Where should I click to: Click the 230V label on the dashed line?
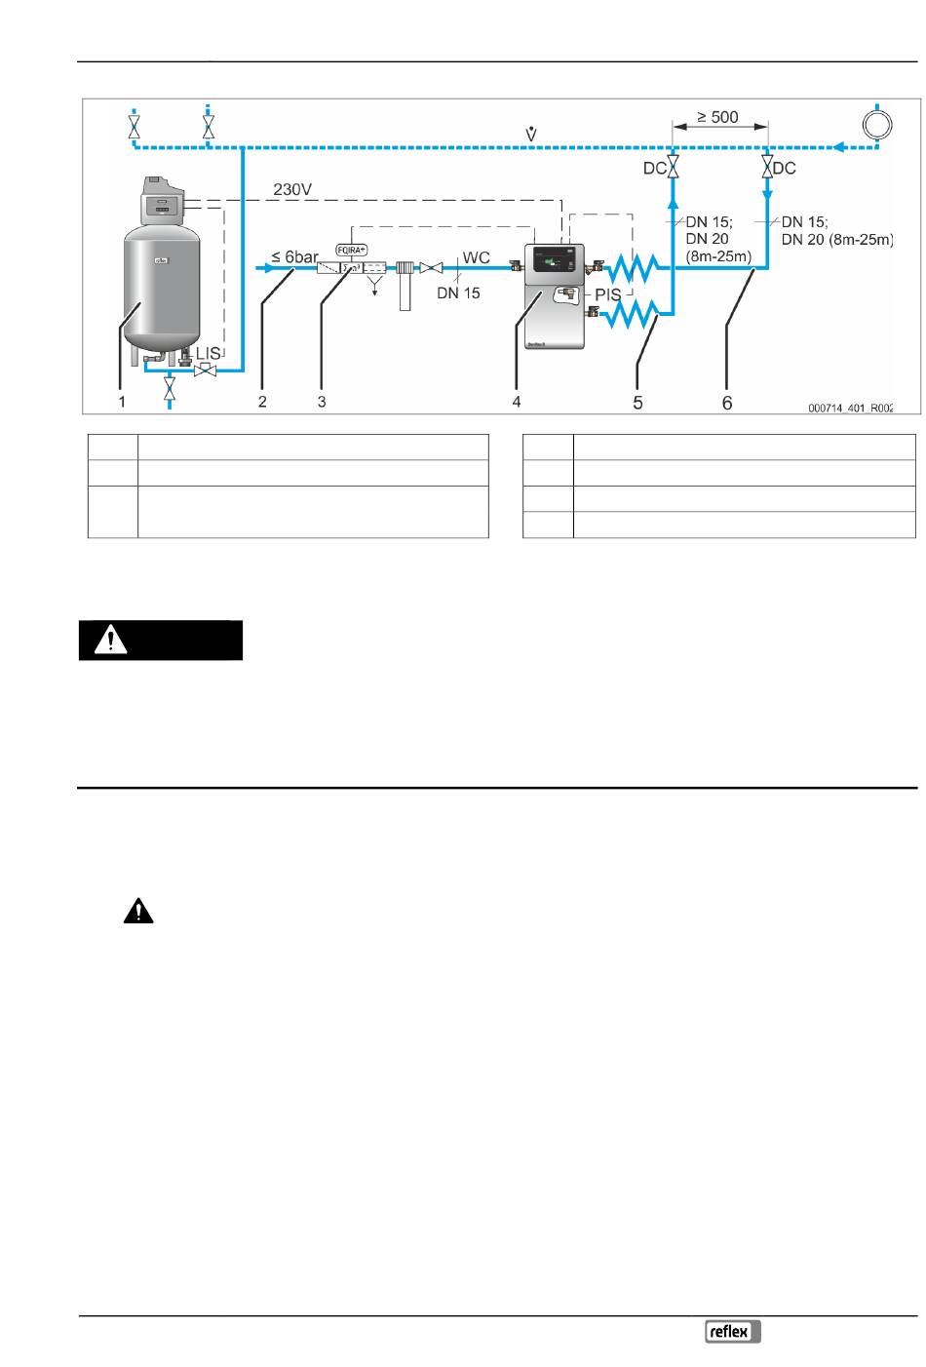(291, 189)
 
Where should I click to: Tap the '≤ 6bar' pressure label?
(294, 257)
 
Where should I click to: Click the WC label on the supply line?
(476, 257)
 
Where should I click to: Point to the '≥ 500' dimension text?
(717, 118)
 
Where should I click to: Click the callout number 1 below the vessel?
(122, 402)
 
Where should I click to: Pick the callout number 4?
(517, 402)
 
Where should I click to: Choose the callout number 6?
(726, 402)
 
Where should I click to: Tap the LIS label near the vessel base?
(209, 351)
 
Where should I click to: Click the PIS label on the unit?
(607, 294)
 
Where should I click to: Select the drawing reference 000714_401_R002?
(851, 410)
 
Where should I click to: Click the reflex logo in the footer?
(732, 1332)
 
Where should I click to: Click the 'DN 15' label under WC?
(458, 293)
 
